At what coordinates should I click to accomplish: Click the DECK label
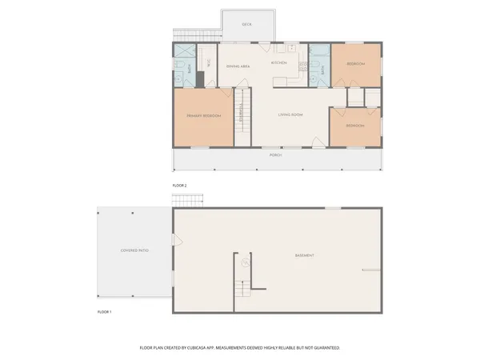[x=246, y=25]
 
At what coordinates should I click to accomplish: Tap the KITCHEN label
[x=278, y=62]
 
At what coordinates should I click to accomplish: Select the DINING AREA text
[x=239, y=67]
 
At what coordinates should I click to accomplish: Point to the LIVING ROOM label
[x=290, y=115]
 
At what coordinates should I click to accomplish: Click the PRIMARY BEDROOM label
[x=204, y=117]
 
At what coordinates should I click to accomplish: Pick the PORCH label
[x=275, y=156]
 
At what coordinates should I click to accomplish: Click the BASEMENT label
[x=304, y=256]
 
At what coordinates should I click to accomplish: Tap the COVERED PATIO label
[x=134, y=250]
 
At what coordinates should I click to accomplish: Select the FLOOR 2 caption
[x=179, y=185]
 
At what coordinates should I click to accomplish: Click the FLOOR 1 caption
[x=104, y=311]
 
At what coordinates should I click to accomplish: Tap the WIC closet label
[x=209, y=62]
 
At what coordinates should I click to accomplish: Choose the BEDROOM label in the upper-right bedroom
[x=356, y=64]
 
